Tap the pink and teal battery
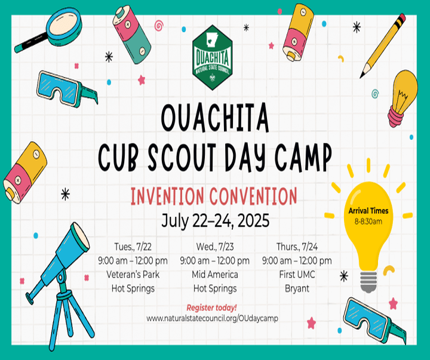pyautogui.click(x=131, y=35)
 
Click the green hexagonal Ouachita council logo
pyautogui.click(x=212, y=57)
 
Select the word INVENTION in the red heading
pyautogui.click(x=167, y=196)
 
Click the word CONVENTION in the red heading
pyautogui.click(x=253, y=196)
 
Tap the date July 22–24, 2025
pyautogui.click(x=215, y=221)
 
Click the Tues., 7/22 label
pyautogui.click(x=133, y=247)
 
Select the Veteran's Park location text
pyautogui.click(x=133, y=275)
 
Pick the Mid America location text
pyautogui.click(x=215, y=275)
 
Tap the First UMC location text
pyautogui.click(x=297, y=275)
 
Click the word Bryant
pyautogui.click(x=297, y=289)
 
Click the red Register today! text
pyautogui.click(x=211, y=308)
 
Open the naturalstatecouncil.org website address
pyautogui.click(x=212, y=318)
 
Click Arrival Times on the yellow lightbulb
pyautogui.click(x=368, y=211)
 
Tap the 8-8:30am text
pyautogui.click(x=368, y=221)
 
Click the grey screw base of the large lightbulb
pyautogui.click(x=368, y=282)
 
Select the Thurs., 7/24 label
pyautogui.click(x=297, y=247)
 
